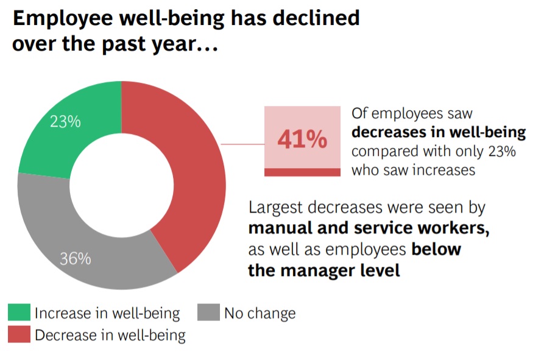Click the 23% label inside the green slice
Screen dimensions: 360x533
65,122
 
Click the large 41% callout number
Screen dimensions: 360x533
302,140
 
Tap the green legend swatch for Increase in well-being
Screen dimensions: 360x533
18,313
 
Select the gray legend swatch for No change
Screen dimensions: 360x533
208,313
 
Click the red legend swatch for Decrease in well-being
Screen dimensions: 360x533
18,334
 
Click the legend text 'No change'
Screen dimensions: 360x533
259,314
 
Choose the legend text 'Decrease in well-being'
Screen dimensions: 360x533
110,335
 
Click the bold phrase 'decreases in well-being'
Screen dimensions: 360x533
439,132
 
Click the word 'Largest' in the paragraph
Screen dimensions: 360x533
275,208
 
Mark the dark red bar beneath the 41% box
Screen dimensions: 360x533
302,172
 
